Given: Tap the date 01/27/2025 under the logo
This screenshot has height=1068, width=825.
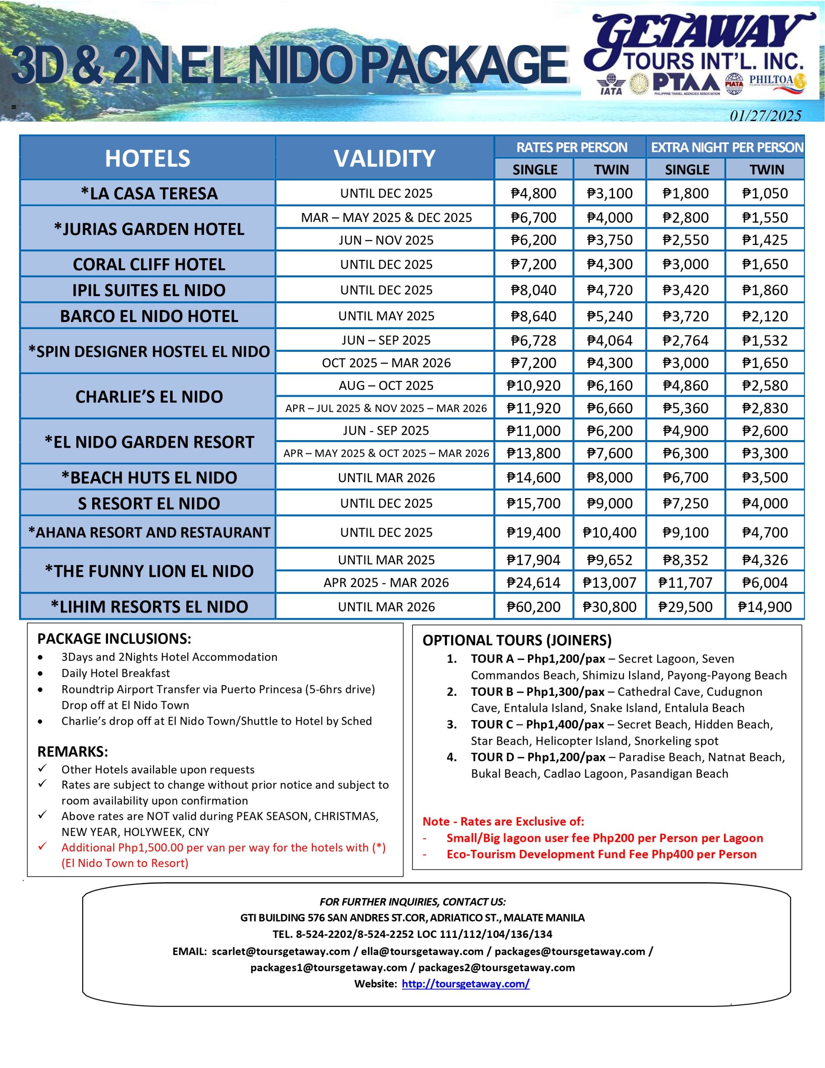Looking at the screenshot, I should click(765, 116).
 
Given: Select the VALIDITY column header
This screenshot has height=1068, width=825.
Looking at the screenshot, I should click(385, 158).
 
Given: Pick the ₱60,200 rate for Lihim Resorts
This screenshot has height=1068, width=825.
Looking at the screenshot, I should click(533, 607).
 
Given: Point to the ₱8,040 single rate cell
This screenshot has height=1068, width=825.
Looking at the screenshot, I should click(533, 290).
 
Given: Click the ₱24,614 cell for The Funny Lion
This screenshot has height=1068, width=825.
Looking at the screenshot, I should click(533, 582).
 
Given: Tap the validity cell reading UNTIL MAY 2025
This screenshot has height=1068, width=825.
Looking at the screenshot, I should click(386, 316).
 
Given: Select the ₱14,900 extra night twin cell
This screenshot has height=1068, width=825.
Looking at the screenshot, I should click(765, 607).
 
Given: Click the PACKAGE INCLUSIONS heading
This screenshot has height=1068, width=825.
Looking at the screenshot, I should click(114, 639).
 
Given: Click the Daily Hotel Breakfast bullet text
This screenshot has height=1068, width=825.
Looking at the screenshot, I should click(116, 673).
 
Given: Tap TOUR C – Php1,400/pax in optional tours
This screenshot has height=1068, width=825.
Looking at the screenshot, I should click(538, 724).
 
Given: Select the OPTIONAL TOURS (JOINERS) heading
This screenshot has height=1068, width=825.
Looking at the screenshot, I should click(517, 640).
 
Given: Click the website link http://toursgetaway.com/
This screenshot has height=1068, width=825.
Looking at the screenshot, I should click(465, 983).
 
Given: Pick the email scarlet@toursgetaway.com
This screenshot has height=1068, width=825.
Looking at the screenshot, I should click(281, 951).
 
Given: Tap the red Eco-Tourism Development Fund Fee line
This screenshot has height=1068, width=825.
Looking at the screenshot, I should click(601, 854).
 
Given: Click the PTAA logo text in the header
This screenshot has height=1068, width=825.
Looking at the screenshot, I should click(686, 83).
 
